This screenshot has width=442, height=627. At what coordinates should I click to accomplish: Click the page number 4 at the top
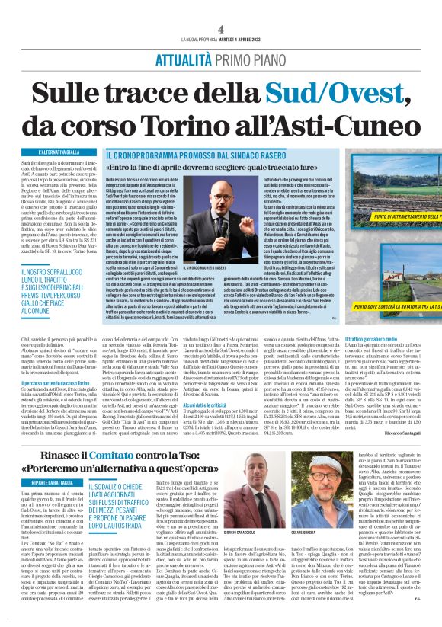220,30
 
